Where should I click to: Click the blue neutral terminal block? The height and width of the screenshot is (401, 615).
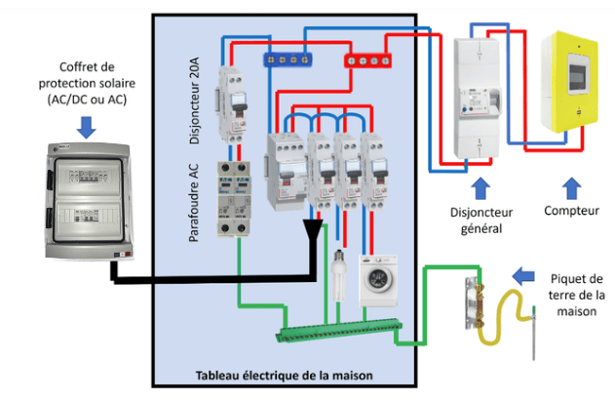283,60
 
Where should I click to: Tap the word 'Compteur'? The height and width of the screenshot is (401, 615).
572,210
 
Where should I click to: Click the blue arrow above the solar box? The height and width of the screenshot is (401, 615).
86,124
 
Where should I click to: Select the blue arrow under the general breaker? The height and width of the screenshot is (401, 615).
478,185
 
